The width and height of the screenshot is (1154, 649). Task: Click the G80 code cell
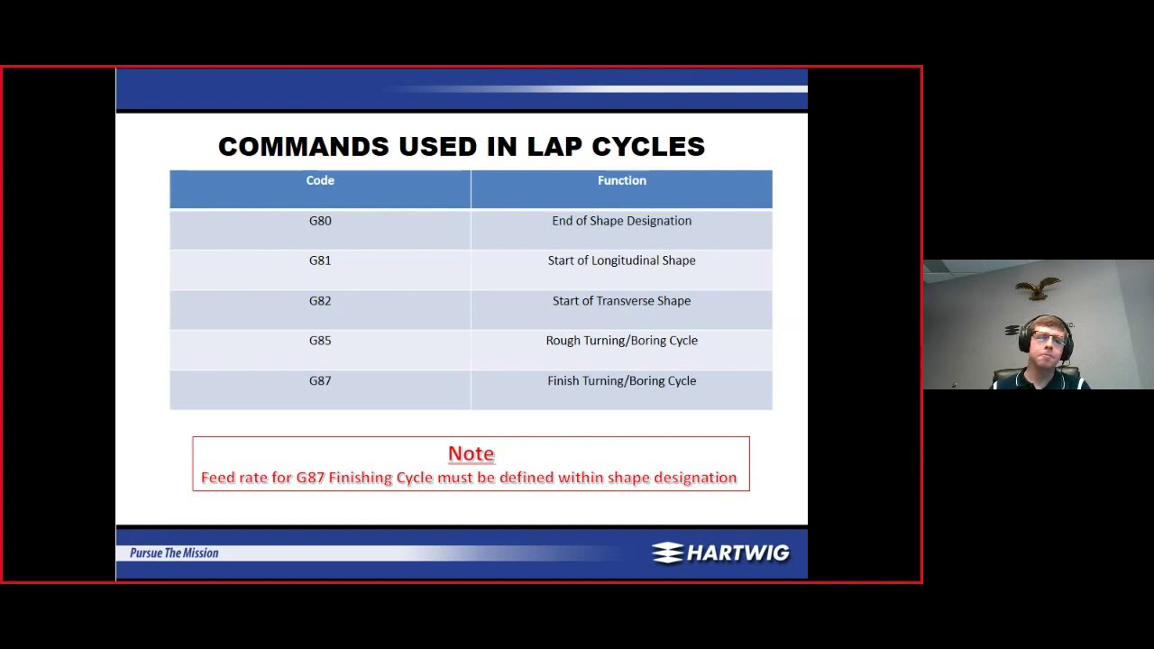[320, 221]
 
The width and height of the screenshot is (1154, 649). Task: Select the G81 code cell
[320, 261]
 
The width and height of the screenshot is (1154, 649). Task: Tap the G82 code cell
[320, 301]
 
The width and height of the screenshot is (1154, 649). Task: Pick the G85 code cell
[320, 341]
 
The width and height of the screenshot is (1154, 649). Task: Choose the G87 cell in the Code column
[320, 381]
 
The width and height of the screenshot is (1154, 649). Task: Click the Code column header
[320, 181]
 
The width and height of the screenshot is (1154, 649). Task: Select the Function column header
[621, 181]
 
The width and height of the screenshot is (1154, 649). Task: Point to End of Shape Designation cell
[621, 221]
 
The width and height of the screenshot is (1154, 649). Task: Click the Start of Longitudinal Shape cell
[621, 261]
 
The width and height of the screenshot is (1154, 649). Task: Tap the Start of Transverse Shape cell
[621, 301]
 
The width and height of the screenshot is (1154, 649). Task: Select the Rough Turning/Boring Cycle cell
[621, 341]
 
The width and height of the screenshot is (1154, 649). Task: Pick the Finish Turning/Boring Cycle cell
[621, 381]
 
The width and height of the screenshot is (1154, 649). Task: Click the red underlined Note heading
[471, 453]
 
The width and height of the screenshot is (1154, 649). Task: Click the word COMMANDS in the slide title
[303, 147]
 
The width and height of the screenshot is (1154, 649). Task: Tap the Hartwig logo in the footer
[720, 553]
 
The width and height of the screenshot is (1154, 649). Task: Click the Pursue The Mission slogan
[174, 553]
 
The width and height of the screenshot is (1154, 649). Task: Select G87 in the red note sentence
[310, 478]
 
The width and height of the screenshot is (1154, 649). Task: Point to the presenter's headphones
[1025, 338]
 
